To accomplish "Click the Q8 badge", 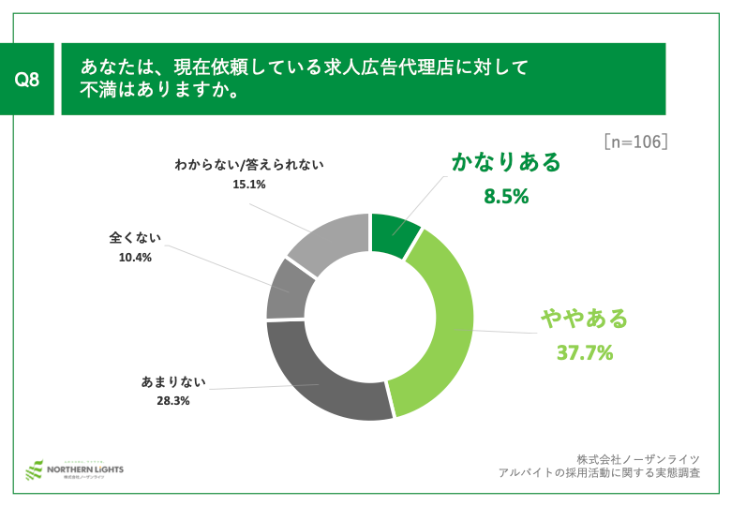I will click(27, 80).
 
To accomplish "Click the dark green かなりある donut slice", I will click(394, 234).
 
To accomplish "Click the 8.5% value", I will click(506, 197).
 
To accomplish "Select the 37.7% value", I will click(585, 353).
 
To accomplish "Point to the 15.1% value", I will click(249, 185).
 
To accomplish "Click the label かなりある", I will click(506, 162).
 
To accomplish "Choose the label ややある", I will click(584, 319).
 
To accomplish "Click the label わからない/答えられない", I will click(249, 166).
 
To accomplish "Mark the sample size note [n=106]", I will click(635, 141).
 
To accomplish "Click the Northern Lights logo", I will click(75, 469).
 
